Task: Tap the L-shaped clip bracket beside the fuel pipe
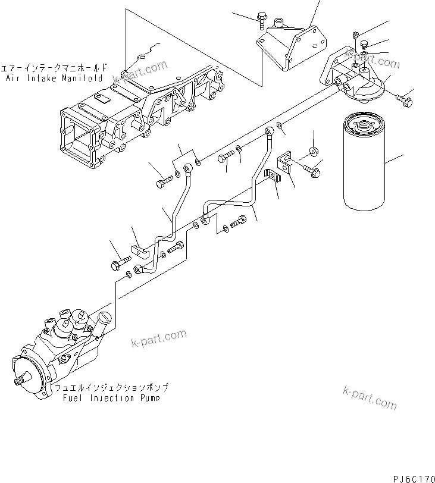click(x=286, y=165)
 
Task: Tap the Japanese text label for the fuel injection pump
click(x=107, y=388)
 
